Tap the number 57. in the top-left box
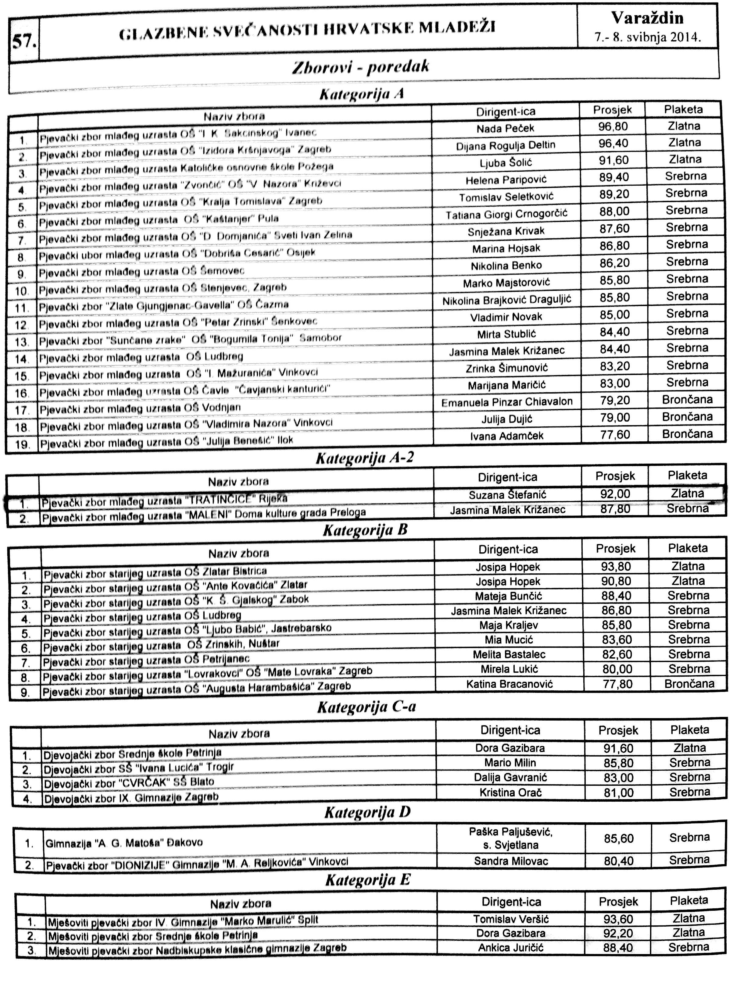(x=24, y=41)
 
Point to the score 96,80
(x=613, y=127)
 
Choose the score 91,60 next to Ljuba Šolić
(x=614, y=160)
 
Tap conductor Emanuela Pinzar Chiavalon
(x=507, y=402)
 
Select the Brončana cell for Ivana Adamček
(x=687, y=434)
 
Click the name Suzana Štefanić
(x=508, y=495)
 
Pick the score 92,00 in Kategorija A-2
(x=615, y=494)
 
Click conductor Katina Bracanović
(x=510, y=684)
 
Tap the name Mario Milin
(x=510, y=763)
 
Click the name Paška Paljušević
(x=510, y=832)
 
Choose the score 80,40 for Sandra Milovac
(x=619, y=861)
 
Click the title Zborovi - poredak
(x=360, y=67)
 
